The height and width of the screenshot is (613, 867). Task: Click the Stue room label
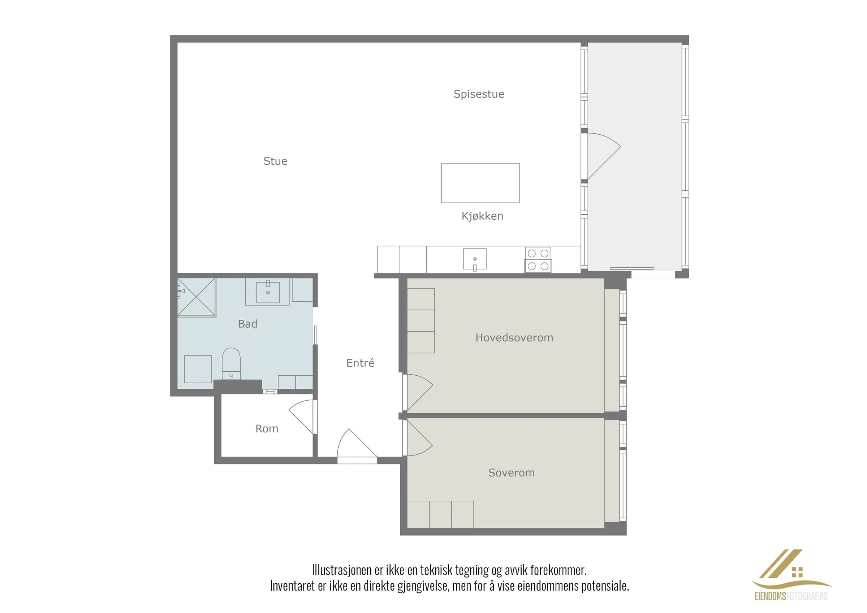pyautogui.click(x=275, y=161)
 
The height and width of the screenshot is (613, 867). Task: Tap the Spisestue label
pyautogui.click(x=479, y=94)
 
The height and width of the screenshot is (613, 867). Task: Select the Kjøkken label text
pyautogui.click(x=482, y=216)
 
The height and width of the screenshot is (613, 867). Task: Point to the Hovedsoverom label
pyautogui.click(x=514, y=338)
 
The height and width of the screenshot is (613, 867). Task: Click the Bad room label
pyautogui.click(x=248, y=324)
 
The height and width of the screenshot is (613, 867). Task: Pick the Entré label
pyautogui.click(x=360, y=363)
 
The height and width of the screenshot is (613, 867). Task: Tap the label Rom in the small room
pyautogui.click(x=267, y=429)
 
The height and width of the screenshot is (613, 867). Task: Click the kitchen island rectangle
pyautogui.click(x=480, y=183)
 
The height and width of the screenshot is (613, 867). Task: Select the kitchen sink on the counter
pyautogui.click(x=475, y=259)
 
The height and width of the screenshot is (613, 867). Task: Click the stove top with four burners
pyautogui.click(x=538, y=260)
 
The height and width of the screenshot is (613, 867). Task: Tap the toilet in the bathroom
pyautogui.click(x=231, y=364)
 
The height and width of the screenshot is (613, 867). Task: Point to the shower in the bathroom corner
pyautogui.click(x=197, y=297)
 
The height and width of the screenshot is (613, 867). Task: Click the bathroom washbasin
pyautogui.click(x=268, y=292)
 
